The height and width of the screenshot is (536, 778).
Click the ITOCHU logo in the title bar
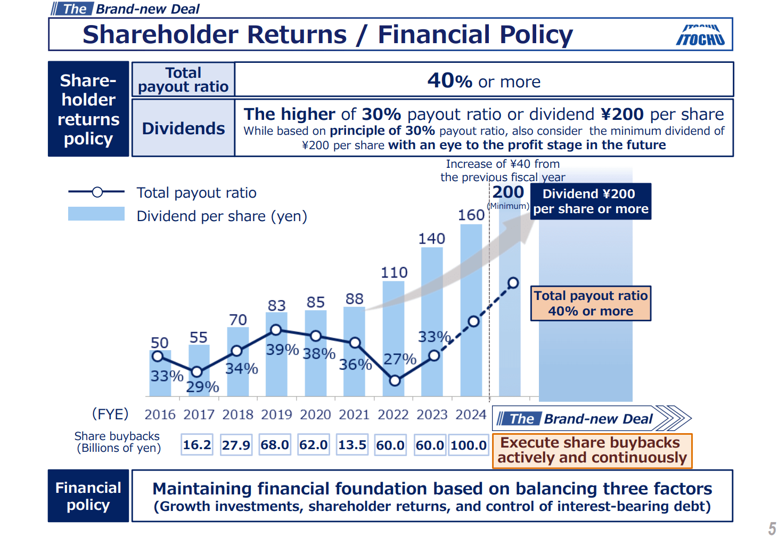pyautogui.click(x=700, y=36)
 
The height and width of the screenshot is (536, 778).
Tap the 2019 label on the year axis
pyautogui.click(x=276, y=415)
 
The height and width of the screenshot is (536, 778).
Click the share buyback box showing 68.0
pyautogui.click(x=275, y=445)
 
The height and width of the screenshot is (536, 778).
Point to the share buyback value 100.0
pyautogui.click(x=469, y=445)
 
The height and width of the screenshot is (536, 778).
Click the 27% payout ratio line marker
pyautogui.click(x=395, y=380)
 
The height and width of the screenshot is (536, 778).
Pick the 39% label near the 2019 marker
pyautogui.click(x=282, y=350)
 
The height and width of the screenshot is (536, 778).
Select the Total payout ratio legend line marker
pyautogui.click(x=97, y=192)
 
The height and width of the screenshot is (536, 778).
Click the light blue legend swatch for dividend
pyautogui.click(x=96, y=214)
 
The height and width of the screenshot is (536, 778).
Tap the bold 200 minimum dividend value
pyautogui.click(x=508, y=192)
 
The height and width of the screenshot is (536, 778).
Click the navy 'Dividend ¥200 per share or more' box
pyautogui.click(x=591, y=201)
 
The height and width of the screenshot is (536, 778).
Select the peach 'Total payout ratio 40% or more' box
pyautogui.click(x=591, y=303)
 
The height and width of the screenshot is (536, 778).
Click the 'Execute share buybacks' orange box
pyautogui.click(x=592, y=451)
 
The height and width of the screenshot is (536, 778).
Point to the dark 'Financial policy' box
pyautogui.click(x=88, y=496)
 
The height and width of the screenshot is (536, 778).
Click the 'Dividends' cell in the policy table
pyautogui.click(x=183, y=128)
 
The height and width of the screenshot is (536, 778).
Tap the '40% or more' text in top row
pyautogui.click(x=484, y=81)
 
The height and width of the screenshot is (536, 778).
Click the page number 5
pyautogui.click(x=772, y=528)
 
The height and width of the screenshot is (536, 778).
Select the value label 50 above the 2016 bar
pyautogui.click(x=159, y=343)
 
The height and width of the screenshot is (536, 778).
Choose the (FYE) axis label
pyautogui.click(x=110, y=414)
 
